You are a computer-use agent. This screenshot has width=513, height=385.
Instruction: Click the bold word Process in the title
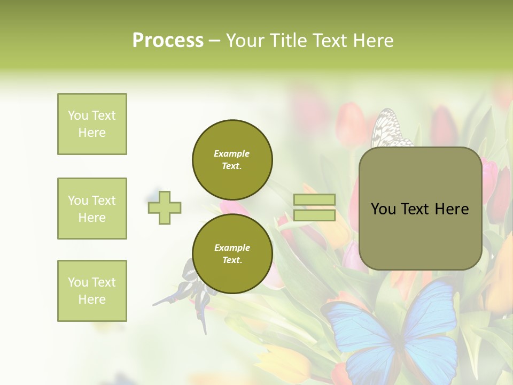(168, 40)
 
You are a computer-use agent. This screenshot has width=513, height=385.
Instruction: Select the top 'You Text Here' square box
(92, 124)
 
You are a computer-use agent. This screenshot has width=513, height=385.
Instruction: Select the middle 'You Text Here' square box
(92, 209)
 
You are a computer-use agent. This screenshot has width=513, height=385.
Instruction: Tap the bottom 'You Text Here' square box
(92, 291)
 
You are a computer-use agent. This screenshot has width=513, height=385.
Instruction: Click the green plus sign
(165, 207)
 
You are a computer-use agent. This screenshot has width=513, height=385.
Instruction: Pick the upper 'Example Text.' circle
(232, 159)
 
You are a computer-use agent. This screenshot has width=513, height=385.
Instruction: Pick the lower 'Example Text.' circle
(232, 253)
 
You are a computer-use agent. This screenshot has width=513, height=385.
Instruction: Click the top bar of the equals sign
(314, 200)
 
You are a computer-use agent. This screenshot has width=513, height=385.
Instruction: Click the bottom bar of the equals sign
(314, 215)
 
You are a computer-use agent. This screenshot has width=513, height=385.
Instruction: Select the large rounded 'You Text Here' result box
(420, 209)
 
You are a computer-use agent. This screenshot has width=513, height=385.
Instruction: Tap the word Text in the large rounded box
(419, 209)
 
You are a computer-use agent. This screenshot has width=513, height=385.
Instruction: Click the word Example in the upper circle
(232, 153)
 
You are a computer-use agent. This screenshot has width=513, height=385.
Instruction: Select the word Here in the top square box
(92, 133)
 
